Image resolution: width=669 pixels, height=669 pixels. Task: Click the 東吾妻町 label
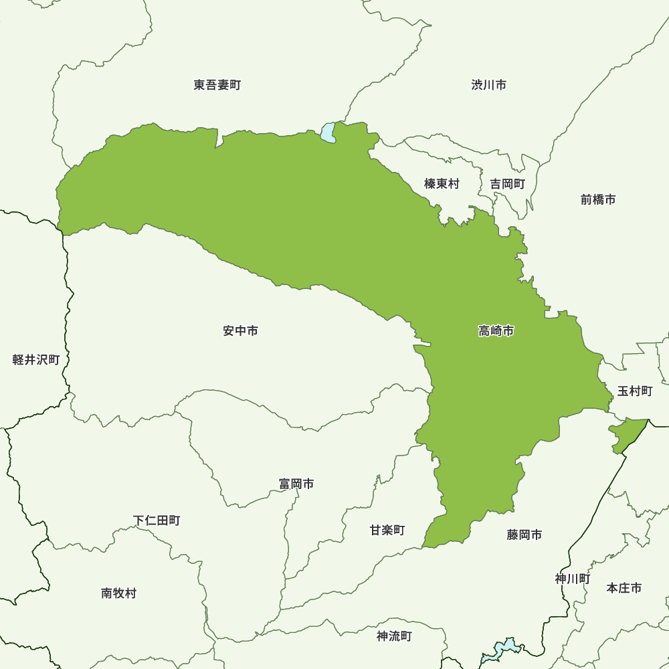pyautogui.click(x=217, y=85)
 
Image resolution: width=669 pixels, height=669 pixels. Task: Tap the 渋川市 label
pyautogui.click(x=488, y=85)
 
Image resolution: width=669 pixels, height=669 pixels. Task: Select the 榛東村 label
pyautogui.click(x=442, y=183)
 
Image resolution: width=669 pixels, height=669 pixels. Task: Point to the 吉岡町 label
pyautogui.click(x=507, y=183)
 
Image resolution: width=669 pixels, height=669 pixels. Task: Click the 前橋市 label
pyautogui.click(x=597, y=199)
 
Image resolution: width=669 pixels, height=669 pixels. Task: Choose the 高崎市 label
pyautogui.click(x=496, y=330)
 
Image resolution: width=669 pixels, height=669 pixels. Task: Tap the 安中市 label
pyautogui.click(x=240, y=330)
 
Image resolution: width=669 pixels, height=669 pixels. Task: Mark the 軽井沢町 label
pyautogui.click(x=36, y=360)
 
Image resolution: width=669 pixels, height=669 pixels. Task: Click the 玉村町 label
pyautogui.click(x=634, y=391)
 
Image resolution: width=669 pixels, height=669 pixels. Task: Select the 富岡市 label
pyautogui.click(x=296, y=484)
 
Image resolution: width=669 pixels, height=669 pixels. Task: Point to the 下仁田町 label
pyautogui.click(x=156, y=520)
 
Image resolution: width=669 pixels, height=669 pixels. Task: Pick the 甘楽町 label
pyautogui.click(x=387, y=530)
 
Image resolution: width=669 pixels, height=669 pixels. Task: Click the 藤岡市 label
pyautogui.click(x=524, y=535)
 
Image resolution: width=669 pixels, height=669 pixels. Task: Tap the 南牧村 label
pyautogui.click(x=118, y=593)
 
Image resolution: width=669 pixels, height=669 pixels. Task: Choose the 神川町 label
pyautogui.click(x=572, y=579)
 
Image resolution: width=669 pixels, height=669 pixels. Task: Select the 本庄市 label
pyautogui.click(x=624, y=588)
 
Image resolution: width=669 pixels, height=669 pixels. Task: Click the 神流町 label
pyautogui.click(x=394, y=636)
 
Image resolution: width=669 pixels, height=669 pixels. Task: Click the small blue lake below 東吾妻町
pyautogui.click(x=328, y=132)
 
